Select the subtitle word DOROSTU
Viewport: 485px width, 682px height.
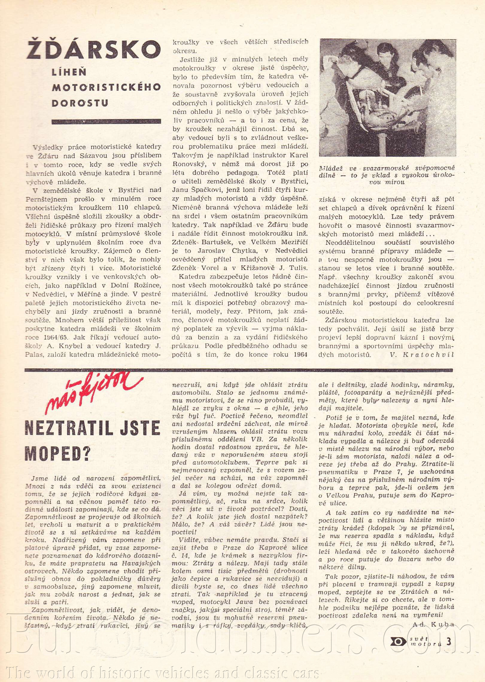80,103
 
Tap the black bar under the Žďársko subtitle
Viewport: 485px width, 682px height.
106,122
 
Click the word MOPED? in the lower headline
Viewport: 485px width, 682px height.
57,453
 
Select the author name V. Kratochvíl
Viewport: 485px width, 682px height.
422,355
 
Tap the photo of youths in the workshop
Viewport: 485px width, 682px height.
387,98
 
